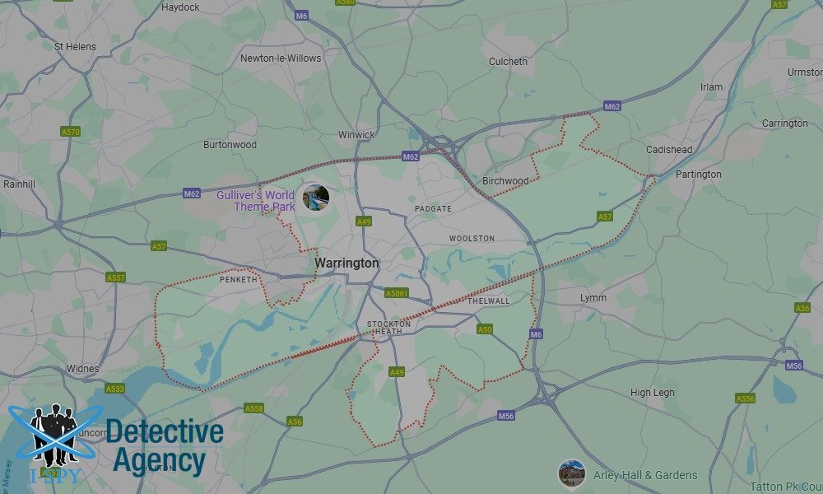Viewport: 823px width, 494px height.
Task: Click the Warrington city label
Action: coord(346,263)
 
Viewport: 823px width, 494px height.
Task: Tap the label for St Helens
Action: coord(75,47)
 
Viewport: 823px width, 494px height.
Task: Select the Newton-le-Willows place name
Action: coord(281,58)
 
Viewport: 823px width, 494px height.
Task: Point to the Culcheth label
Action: coord(508,62)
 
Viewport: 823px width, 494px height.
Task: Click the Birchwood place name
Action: coord(505,181)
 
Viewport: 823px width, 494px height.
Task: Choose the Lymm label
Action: coord(593,297)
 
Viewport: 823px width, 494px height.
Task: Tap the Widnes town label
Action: coord(82,369)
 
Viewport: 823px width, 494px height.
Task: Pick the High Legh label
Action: coord(652,393)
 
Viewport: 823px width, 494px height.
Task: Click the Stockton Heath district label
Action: coord(385,327)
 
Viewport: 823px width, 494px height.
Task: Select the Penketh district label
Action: coord(239,280)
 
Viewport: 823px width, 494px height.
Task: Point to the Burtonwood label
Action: coord(230,145)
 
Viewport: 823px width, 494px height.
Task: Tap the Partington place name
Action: coord(698,175)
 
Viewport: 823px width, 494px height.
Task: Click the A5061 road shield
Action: coord(397,293)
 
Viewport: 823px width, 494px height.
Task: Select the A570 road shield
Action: coord(71,132)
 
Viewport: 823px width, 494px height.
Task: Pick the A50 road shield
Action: coord(486,329)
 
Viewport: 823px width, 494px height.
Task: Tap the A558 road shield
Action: coord(254,408)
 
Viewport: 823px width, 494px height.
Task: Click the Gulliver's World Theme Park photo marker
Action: coord(315,198)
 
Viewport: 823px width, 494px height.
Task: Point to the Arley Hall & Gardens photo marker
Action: coord(571,473)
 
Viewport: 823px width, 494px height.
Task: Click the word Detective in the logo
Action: coord(165,431)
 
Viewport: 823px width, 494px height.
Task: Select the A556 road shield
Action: coord(745,398)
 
